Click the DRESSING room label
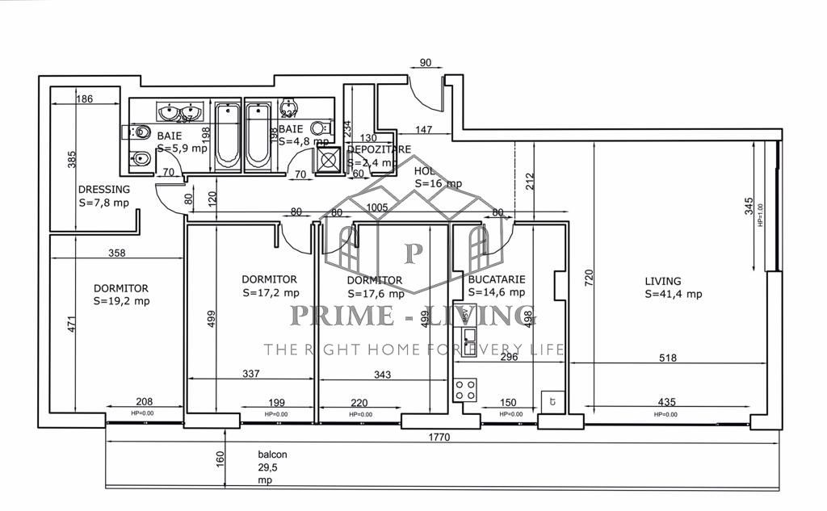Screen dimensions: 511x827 coord(103,190)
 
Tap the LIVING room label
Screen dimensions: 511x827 coord(662,281)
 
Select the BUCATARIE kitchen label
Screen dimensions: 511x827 coord(497,279)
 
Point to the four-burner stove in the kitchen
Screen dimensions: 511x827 coord(465,391)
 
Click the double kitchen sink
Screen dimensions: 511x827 coord(468,335)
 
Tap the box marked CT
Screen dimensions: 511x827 coord(552,400)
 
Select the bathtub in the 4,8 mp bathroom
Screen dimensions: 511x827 coord(258,135)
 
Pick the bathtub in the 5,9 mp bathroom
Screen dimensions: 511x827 coord(228,135)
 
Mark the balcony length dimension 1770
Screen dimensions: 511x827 coord(439,437)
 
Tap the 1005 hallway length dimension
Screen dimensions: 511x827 coord(377,207)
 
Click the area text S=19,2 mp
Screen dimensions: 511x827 coord(121,301)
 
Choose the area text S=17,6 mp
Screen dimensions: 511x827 coord(374,293)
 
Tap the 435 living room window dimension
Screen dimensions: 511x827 coord(666,402)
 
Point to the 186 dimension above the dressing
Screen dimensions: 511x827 coord(84,99)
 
